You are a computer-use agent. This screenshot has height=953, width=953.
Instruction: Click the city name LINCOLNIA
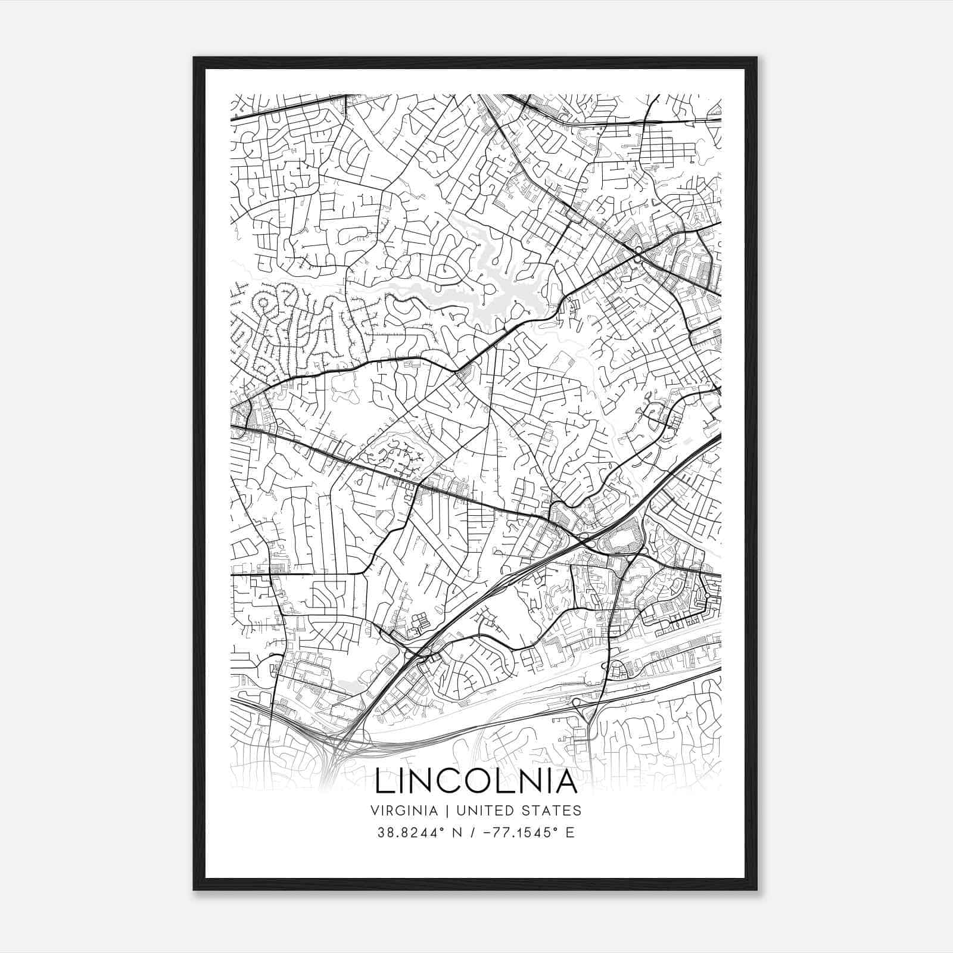(476, 782)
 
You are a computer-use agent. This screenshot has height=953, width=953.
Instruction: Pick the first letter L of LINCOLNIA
(384, 782)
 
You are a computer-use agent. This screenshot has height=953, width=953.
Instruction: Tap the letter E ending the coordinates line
(571, 832)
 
